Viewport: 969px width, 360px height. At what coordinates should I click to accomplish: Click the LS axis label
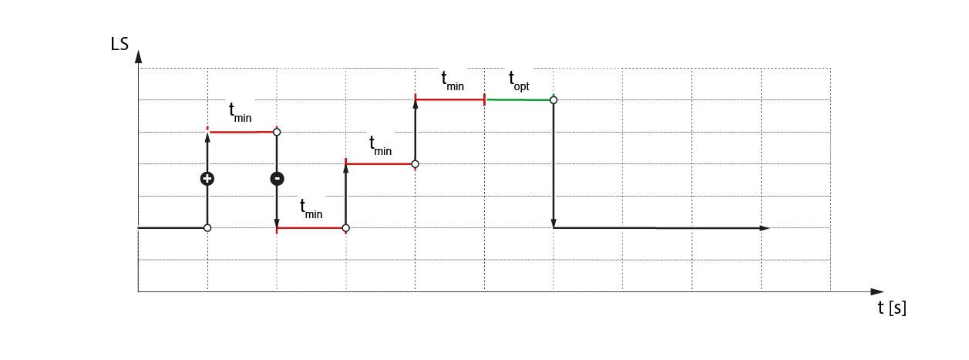click(x=119, y=44)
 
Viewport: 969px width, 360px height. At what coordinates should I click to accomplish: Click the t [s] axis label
click(x=892, y=308)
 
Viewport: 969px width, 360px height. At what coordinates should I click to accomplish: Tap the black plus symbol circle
click(x=207, y=179)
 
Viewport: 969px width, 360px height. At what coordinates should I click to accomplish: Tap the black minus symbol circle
click(x=277, y=179)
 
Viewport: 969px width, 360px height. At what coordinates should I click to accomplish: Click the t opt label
click(x=518, y=80)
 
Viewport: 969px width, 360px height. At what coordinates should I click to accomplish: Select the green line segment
click(x=518, y=99)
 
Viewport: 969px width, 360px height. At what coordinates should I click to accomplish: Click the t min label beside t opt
click(x=452, y=80)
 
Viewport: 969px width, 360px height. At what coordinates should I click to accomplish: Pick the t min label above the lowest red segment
click(x=311, y=208)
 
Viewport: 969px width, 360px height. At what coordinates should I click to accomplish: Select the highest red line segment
click(x=449, y=99)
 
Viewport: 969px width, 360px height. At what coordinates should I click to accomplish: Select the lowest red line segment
click(x=311, y=228)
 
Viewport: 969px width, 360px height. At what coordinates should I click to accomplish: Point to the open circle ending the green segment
click(x=553, y=99)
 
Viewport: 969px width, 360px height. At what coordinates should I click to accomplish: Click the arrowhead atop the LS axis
click(x=138, y=56)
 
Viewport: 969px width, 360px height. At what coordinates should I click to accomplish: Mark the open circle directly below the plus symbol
click(x=207, y=227)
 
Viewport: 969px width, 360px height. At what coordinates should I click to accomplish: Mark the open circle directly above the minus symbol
click(x=277, y=132)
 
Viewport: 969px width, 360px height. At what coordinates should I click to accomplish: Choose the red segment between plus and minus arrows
click(x=241, y=132)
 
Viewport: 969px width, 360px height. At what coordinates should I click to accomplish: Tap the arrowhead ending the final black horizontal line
click(x=765, y=228)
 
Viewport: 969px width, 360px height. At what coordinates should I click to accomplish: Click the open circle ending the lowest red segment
click(x=345, y=228)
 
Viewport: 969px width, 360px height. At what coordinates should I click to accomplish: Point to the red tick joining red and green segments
click(x=484, y=99)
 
